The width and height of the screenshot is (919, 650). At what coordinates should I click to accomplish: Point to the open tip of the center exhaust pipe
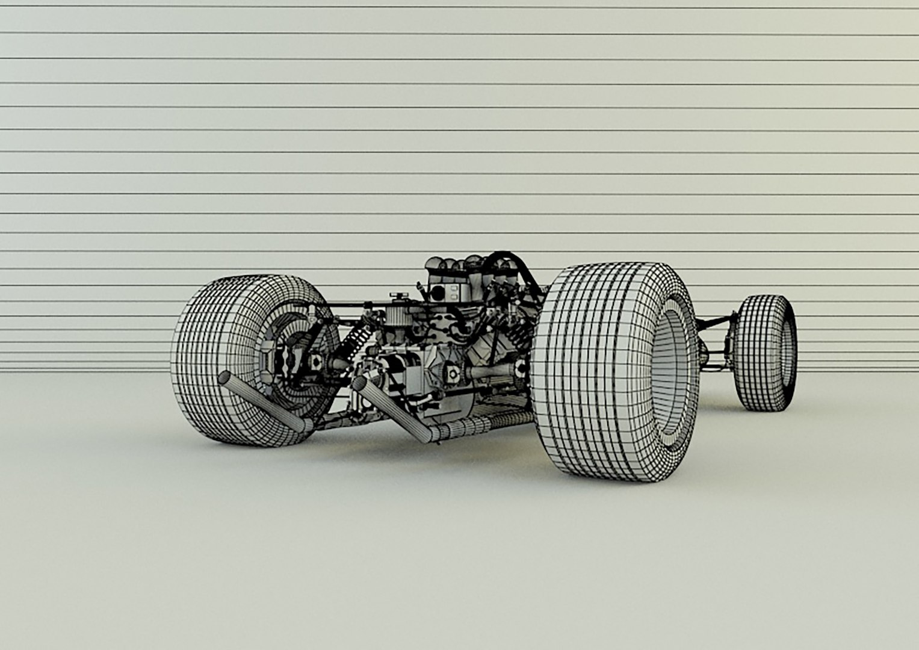[360, 385]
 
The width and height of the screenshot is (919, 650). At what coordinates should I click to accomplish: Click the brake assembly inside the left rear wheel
[283, 355]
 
